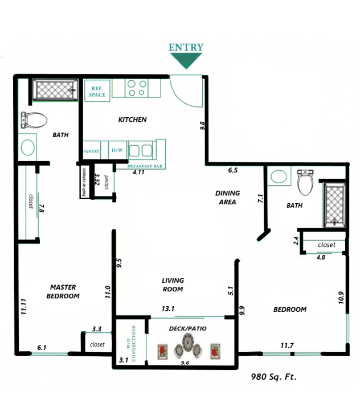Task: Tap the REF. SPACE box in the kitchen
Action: (97, 91)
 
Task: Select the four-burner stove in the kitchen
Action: (137, 88)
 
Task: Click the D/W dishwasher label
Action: (117, 151)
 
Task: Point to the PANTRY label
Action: (92, 151)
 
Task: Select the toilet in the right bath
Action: (305, 180)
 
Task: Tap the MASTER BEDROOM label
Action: (63, 291)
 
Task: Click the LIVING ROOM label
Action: (172, 285)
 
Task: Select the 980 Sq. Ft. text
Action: (275, 376)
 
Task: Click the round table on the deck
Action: (187, 345)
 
